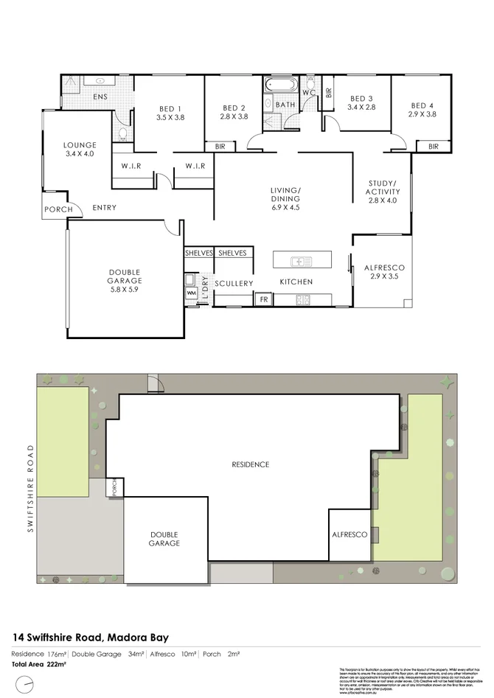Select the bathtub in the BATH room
[x=280, y=84]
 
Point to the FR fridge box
[x=263, y=300]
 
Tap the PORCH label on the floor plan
[x=59, y=209]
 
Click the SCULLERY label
[x=234, y=284]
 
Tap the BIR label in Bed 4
[x=432, y=147]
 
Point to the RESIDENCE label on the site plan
[x=251, y=464]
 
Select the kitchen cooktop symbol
[x=302, y=299]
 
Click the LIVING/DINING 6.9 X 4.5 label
[x=285, y=199]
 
